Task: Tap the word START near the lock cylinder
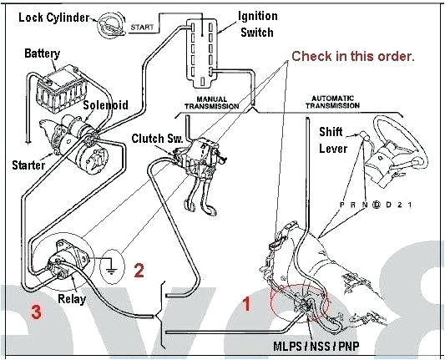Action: coord(142,28)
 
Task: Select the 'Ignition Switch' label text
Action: coord(258,23)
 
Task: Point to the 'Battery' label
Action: coord(42,53)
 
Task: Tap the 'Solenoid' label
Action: coord(105,106)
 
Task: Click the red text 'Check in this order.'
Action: coord(352,57)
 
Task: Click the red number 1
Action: coord(245,303)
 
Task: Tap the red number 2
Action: coord(139,269)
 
